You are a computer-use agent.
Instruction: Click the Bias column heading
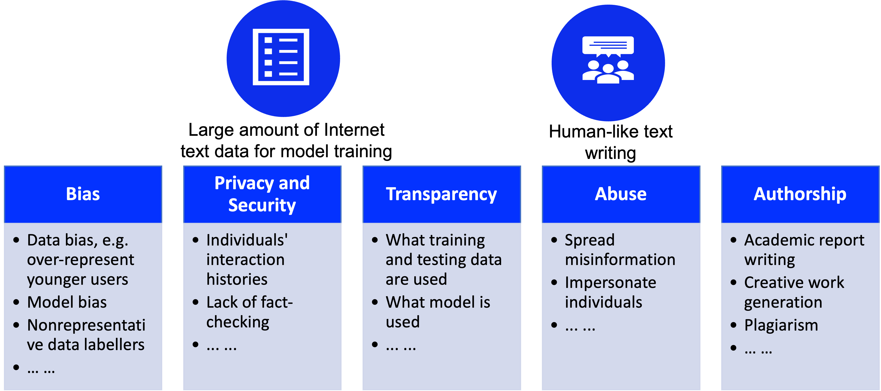coord(83,194)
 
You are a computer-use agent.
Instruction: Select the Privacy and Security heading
coord(262,194)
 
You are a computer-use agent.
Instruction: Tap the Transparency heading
coord(441,194)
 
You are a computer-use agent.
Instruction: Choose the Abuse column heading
coord(620,194)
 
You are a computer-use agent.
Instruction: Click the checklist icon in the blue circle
coord(281,57)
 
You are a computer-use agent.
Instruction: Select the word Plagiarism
coord(781,325)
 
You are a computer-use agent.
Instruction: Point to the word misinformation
coord(620,260)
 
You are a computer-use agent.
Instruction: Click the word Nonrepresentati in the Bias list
coord(86,325)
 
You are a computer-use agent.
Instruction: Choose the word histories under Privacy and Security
coord(237,280)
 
